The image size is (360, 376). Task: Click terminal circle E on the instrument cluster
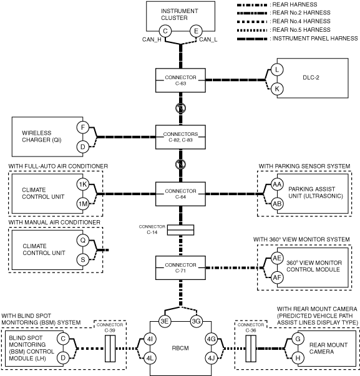tap(196, 31)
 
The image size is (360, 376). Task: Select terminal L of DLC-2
tap(277, 70)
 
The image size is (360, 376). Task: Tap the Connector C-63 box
tap(180, 80)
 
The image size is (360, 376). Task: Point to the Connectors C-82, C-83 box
tap(180, 137)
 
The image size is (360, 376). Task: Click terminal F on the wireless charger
tap(83, 127)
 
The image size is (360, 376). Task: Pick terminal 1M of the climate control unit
tap(83, 204)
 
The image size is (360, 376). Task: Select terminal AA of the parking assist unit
tap(277, 185)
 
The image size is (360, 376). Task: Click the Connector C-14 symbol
tap(180, 229)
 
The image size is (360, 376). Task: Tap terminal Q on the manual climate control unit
tap(83, 240)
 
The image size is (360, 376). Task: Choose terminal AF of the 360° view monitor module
tap(277, 277)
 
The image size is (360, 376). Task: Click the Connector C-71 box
tap(180, 268)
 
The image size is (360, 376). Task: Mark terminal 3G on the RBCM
tap(197, 321)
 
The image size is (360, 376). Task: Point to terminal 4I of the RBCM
tap(150, 339)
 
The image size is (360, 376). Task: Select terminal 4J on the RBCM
tap(212, 359)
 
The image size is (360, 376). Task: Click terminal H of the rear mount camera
tap(298, 358)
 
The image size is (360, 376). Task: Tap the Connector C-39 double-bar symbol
tap(110, 349)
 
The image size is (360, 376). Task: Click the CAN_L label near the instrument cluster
tap(208, 39)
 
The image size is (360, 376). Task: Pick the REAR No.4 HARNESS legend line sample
tap(252, 22)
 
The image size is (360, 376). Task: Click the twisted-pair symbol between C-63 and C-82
tap(180, 108)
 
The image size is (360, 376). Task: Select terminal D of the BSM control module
tap(63, 358)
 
